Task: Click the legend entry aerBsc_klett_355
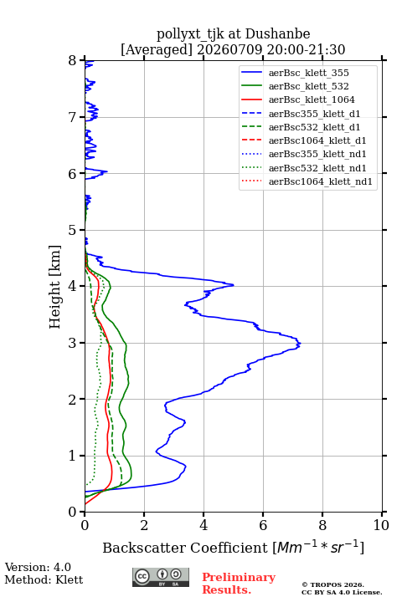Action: click(308, 73)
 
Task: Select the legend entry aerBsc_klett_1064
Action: click(312, 99)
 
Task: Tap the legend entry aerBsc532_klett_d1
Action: click(314, 127)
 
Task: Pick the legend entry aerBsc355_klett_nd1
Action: click(317, 154)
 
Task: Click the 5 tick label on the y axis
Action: click(73, 231)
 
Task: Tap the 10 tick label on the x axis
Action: click(381, 525)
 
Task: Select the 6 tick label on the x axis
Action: click(263, 525)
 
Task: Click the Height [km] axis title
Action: click(55, 287)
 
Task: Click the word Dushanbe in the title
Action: click(277, 34)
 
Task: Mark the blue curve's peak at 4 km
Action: click(233, 285)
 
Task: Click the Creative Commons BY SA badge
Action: click(161, 578)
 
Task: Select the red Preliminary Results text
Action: click(239, 584)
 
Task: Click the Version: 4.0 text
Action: click(38, 567)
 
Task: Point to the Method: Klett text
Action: click(44, 579)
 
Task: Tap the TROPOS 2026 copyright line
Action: click(332, 584)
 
